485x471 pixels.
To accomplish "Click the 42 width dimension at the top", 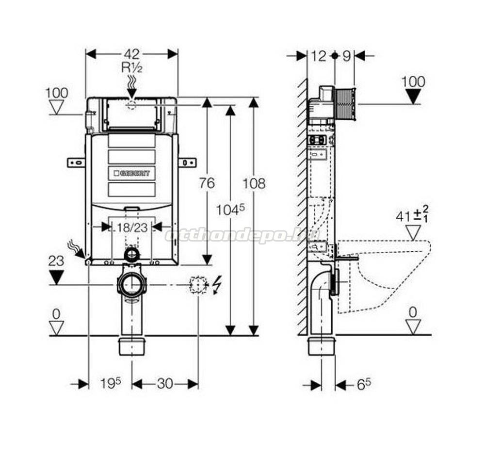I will coord(131,54).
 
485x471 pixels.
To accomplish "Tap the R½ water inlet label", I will coord(131,68).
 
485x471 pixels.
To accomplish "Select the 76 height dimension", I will coord(207,183).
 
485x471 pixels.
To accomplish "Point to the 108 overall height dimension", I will coord(254,183).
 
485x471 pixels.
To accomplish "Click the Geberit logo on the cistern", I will coord(132,173).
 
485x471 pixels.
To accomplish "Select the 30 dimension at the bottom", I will coord(165,384).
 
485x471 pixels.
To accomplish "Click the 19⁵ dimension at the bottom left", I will coord(110,384).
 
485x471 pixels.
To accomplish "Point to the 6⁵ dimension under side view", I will coord(364,385).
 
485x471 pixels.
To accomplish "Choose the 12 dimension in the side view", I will coord(319,56).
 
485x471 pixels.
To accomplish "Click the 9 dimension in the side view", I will coord(346,56).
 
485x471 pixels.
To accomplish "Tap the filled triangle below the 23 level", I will coord(57,277).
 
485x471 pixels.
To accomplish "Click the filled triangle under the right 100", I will coord(413,97).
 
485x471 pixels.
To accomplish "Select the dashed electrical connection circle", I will coord(198,285).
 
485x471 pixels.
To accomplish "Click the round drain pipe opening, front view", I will coord(131,285).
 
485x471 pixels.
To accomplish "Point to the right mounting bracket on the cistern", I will coord(187,162).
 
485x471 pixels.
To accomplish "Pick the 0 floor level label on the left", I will coord(56,314).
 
